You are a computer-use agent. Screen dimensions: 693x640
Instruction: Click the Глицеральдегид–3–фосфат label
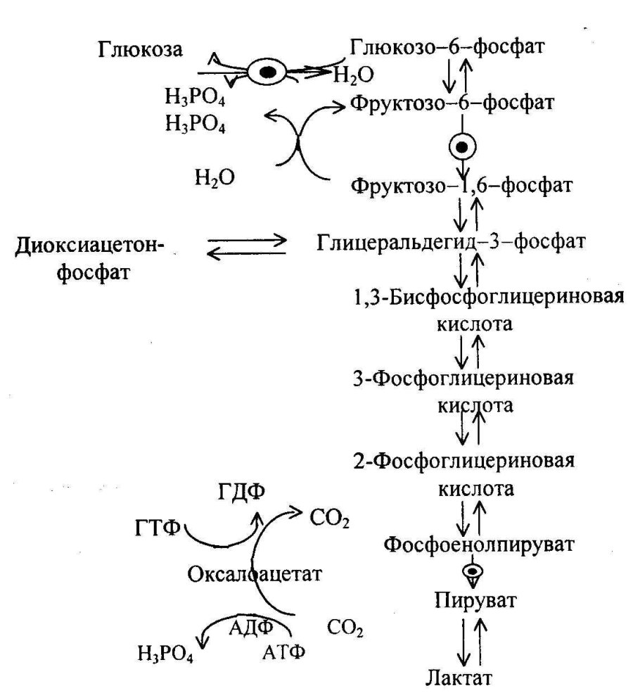point(451,243)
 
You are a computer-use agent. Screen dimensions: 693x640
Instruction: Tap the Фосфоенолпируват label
point(470,543)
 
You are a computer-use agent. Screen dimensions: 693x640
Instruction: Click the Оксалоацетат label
point(255,574)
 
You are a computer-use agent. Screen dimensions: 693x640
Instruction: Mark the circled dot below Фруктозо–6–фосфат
point(463,147)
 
